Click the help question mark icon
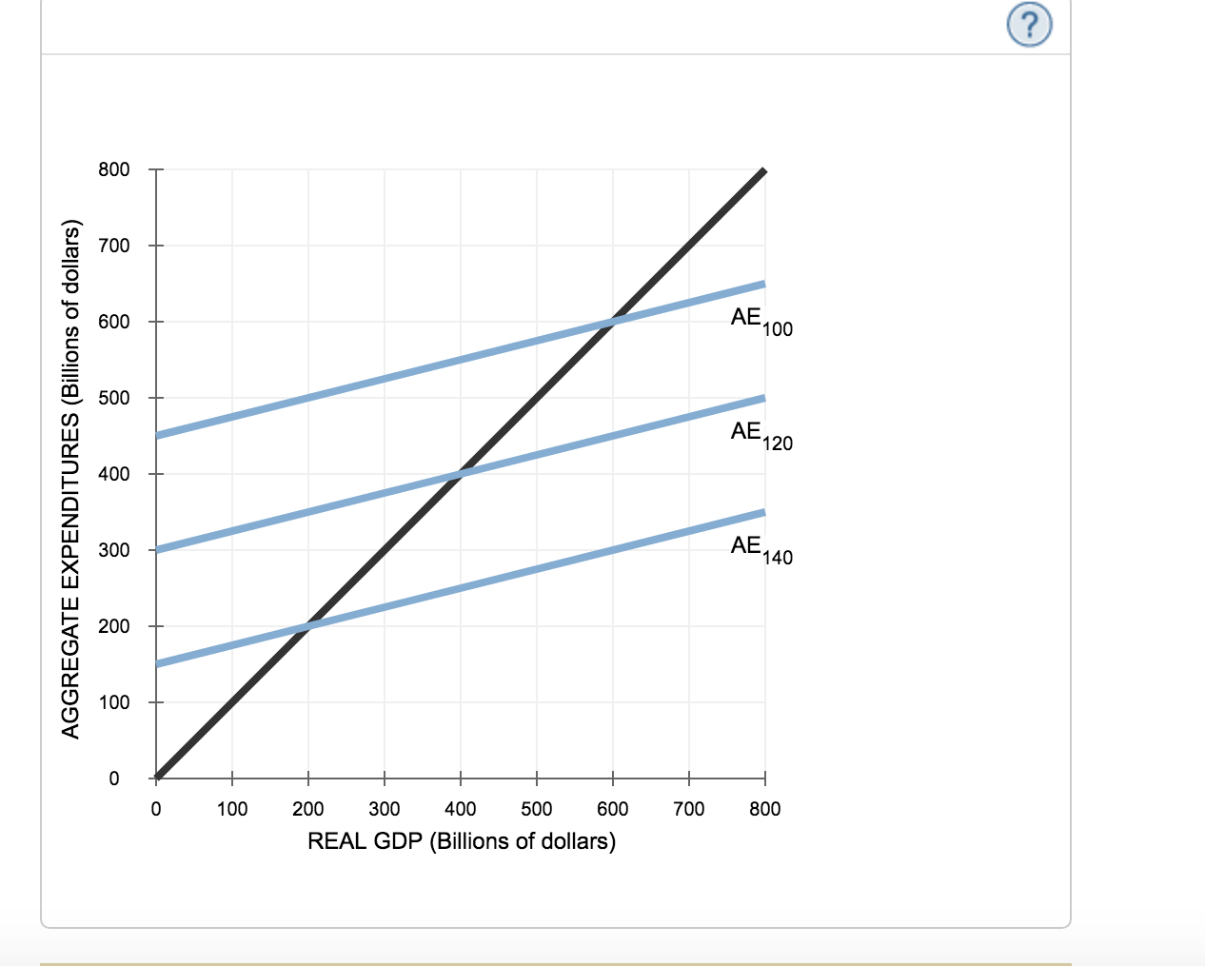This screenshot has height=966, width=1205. click(1030, 25)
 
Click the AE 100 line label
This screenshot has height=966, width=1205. click(761, 321)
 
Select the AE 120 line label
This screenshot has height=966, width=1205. click(761, 435)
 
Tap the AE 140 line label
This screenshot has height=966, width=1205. click(761, 549)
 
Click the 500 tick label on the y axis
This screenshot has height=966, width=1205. click(113, 398)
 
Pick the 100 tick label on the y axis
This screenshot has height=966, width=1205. click(113, 702)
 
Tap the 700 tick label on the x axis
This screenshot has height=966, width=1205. click(688, 809)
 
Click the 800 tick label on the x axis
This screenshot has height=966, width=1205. click(764, 809)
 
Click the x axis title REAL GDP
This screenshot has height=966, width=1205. click(462, 841)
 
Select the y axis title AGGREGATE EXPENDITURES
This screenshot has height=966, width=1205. click(69, 478)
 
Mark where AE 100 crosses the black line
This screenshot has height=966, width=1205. click(613, 322)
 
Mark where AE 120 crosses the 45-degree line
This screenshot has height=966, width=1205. click(461, 474)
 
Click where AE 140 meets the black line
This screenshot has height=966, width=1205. click(308, 626)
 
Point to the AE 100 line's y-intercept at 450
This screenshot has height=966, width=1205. click(157, 436)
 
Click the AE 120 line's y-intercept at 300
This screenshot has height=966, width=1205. click(157, 550)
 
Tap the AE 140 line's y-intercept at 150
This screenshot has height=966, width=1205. click(157, 664)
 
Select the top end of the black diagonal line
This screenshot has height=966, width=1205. click(763, 171)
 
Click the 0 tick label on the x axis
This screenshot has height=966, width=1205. click(156, 809)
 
